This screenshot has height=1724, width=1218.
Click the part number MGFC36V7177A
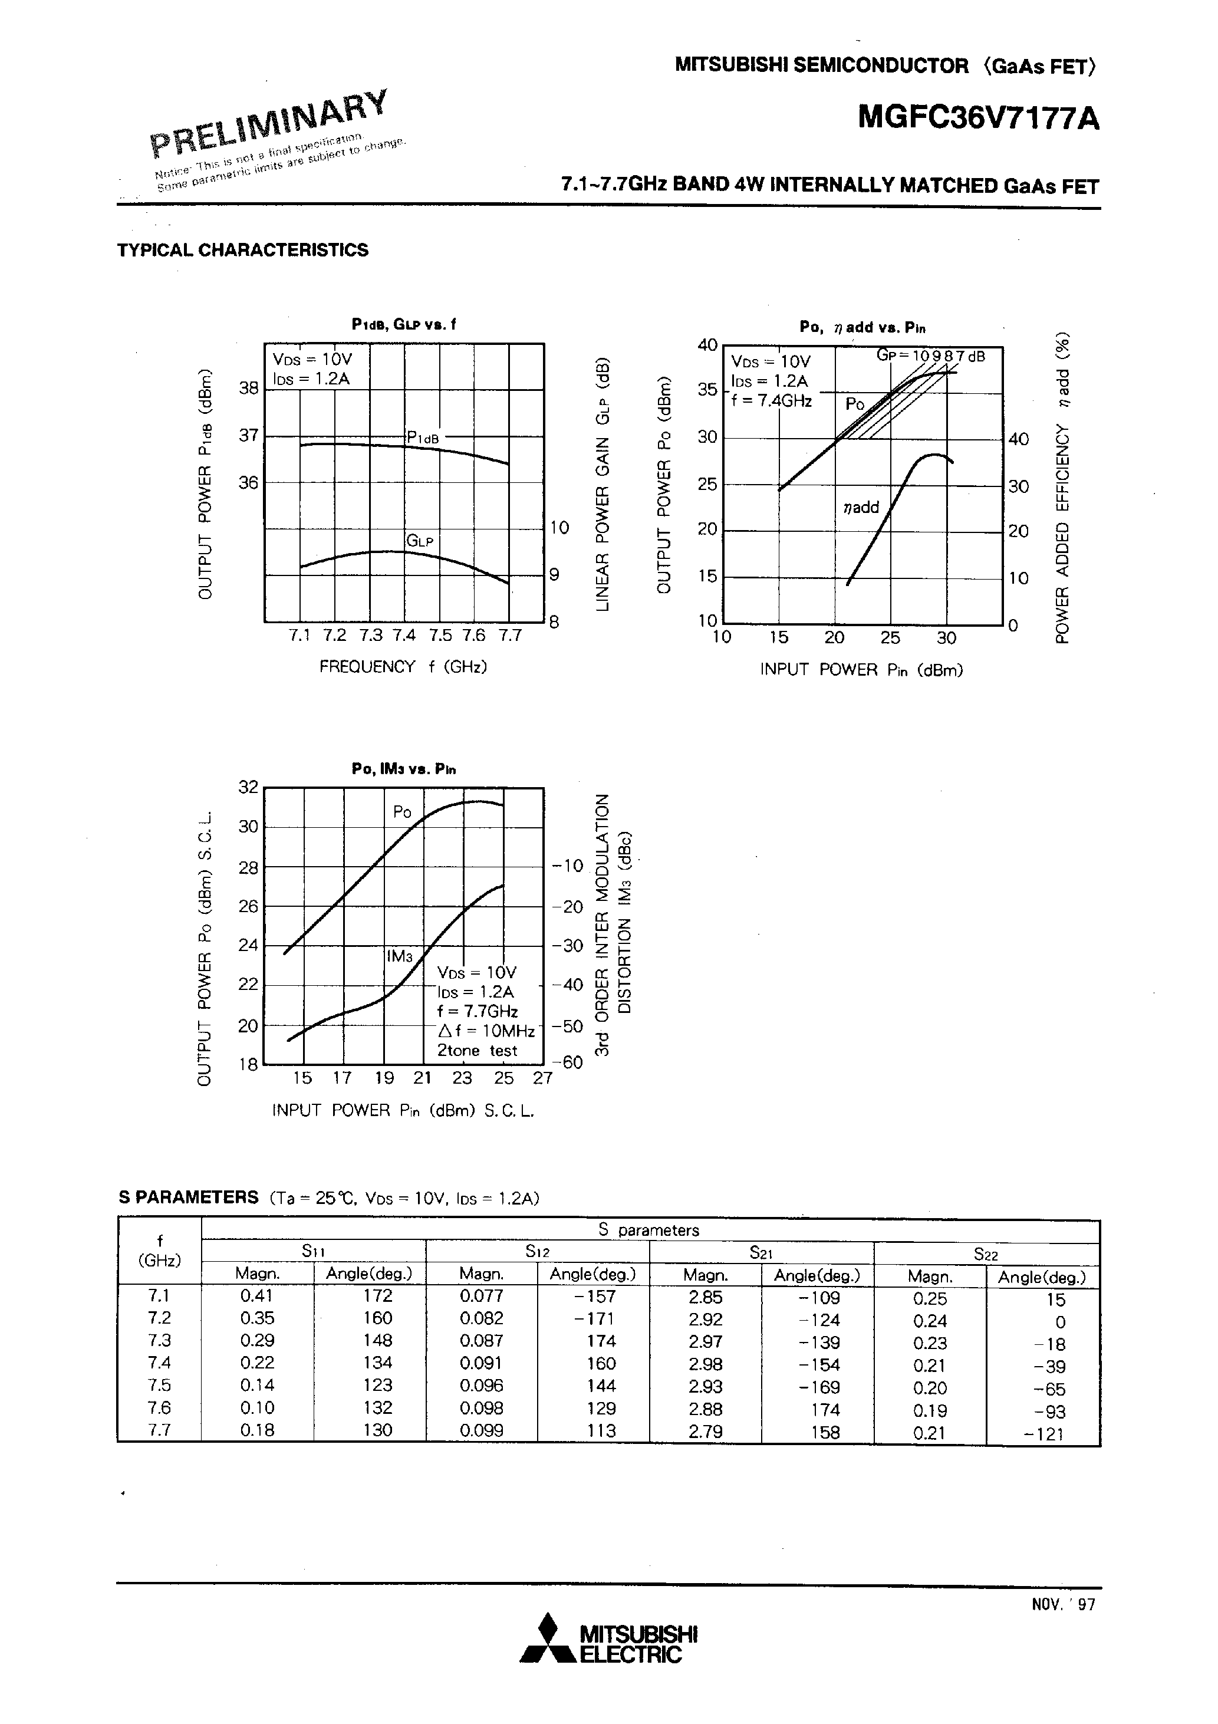(979, 118)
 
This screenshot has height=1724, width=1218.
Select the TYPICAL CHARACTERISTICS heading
(242, 250)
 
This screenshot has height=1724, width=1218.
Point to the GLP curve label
(420, 541)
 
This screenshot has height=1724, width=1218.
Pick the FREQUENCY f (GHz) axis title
(403, 667)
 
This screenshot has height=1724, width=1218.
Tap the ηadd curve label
(861, 508)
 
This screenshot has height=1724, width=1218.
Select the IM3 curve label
(400, 956)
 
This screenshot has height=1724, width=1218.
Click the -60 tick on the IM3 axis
(568, 1062)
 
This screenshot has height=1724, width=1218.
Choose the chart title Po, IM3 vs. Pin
(403, 769)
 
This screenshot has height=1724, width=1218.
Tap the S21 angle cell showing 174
(825, 1409)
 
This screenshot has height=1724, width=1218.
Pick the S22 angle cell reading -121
(1043, 1433)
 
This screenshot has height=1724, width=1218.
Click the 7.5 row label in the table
(159, 1386)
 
